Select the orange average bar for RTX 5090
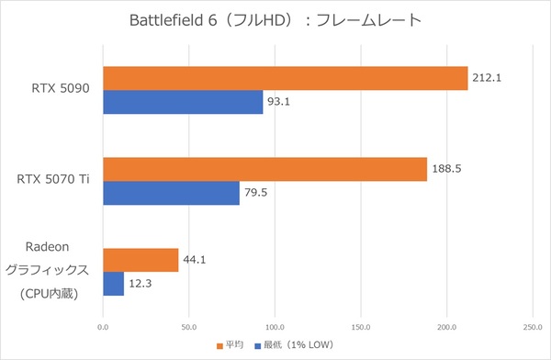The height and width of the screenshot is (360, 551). tap(285, 78)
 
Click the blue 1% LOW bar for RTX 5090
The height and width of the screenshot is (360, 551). tap(183, 101)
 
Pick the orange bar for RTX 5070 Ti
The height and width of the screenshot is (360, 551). tap(264, 169)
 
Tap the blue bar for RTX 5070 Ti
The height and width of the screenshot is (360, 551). tap(171, 192)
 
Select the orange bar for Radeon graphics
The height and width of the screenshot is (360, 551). tap(141, 260)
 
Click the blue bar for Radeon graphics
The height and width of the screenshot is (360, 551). tap(113, 283)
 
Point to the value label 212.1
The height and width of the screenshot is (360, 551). tap(486, 78)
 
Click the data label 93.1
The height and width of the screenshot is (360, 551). tap(279, 101)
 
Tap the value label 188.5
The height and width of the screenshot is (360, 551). tap(445, 169)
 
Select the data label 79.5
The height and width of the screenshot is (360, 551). tap(256, 192)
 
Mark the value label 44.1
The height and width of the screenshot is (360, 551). tap(195, 260)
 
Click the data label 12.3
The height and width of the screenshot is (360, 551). tap(141, 283)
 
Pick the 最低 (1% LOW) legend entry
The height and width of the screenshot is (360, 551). tap(295, 345)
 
